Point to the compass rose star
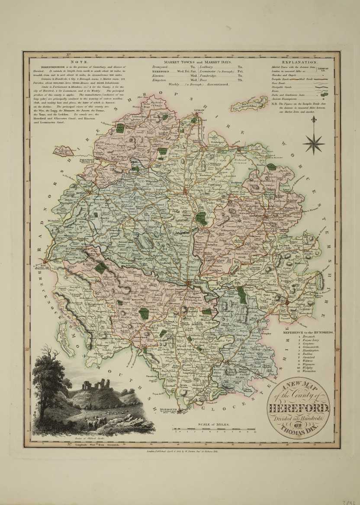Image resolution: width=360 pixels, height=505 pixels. pyautogui.click(x=314, y=141)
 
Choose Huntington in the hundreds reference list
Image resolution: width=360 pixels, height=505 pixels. pyautogui.click(x=311, y=352)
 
